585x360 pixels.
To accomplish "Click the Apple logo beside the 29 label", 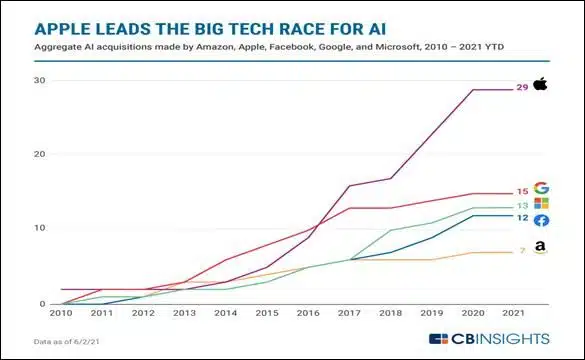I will coord(541,87).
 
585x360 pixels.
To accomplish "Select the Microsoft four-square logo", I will coord(541,204).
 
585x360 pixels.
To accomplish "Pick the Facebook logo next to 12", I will coord(541,220).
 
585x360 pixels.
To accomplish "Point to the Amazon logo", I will coord(541,248).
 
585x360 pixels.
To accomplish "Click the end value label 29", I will coord(521,88).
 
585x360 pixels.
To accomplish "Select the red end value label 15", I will coord(521,191).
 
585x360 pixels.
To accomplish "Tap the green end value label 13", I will coord(521,206).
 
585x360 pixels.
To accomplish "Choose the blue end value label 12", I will coord(521,218).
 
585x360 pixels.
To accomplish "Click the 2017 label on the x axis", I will coord(348,314).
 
